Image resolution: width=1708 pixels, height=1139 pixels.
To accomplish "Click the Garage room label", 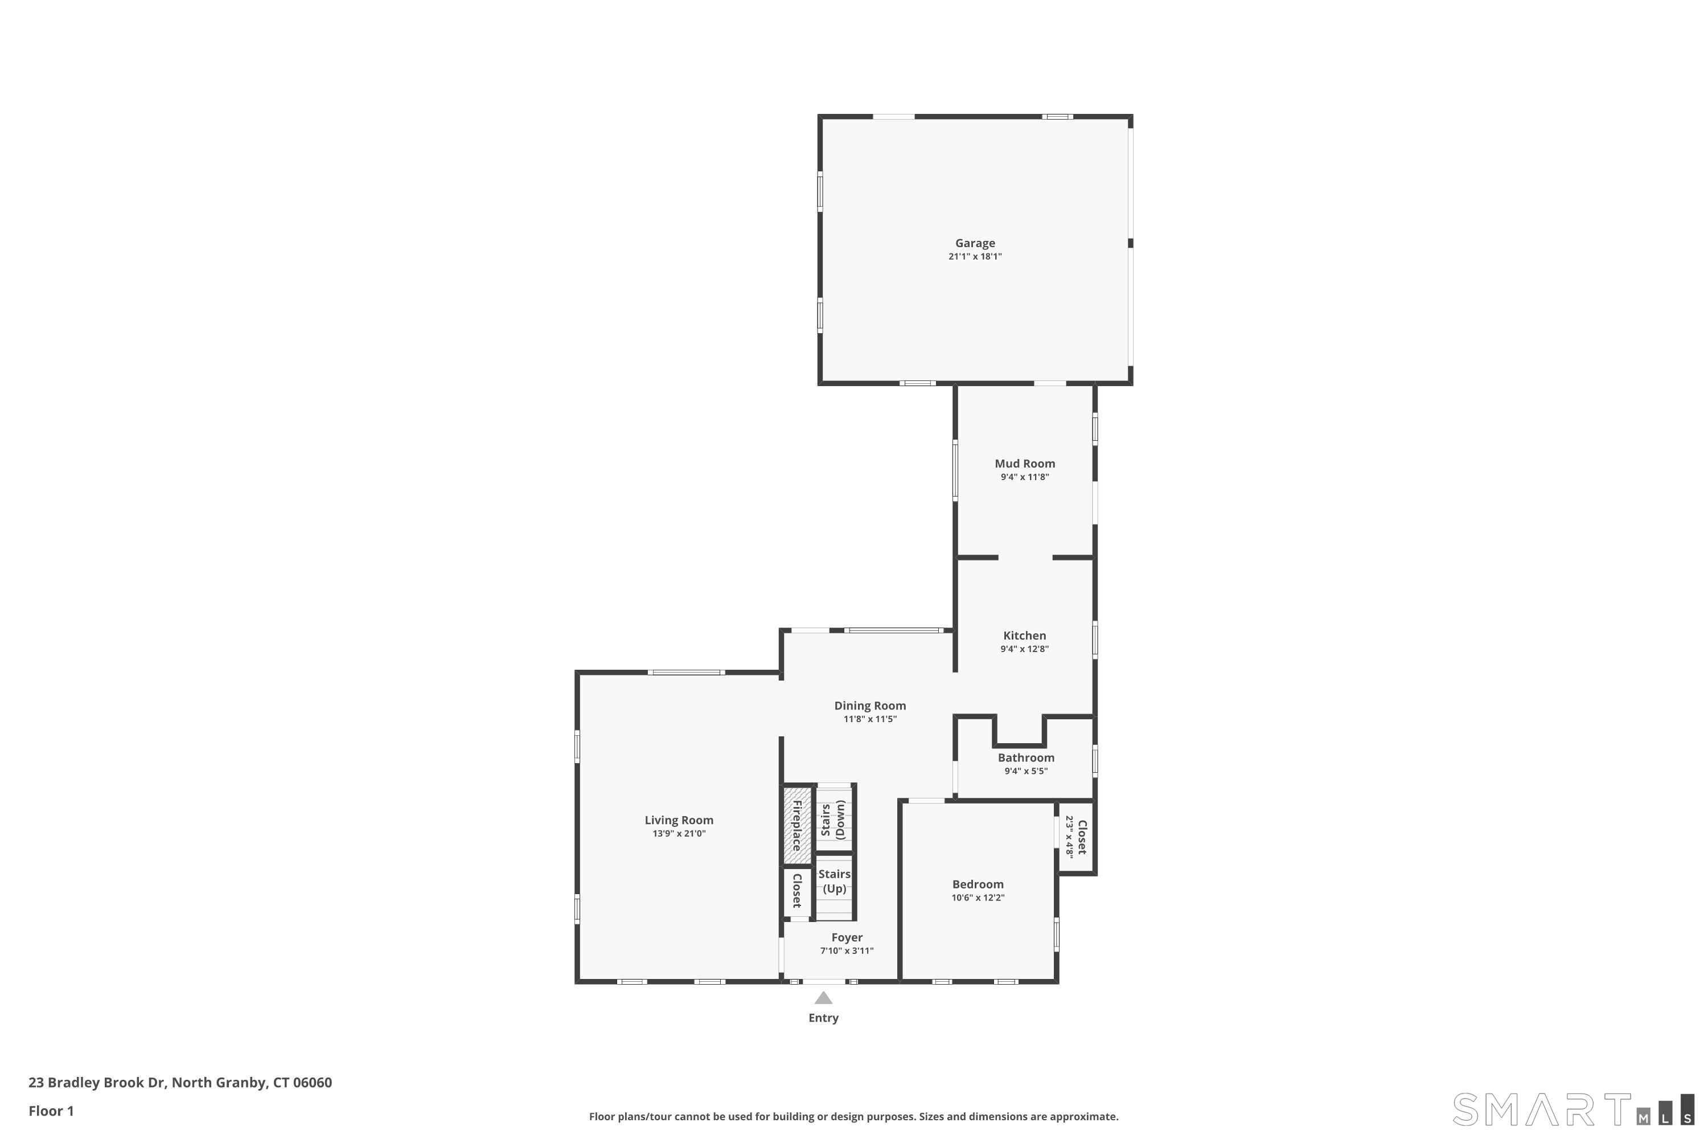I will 975,243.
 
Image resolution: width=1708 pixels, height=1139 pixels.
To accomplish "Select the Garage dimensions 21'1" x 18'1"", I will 975,256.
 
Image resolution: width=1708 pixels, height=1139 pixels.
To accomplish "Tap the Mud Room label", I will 1025,464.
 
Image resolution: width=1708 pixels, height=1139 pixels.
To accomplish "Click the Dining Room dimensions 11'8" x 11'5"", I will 870,719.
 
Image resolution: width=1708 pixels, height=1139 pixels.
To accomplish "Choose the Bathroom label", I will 1025,757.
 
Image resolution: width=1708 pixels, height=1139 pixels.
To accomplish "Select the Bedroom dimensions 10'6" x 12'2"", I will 978,898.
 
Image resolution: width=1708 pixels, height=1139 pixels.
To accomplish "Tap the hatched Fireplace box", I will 796,825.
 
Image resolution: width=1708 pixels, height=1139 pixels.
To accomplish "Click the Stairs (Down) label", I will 833,820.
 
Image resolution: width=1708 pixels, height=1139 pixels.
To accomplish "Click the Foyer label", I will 847,938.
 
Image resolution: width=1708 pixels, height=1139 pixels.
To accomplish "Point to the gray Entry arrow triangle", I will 823,999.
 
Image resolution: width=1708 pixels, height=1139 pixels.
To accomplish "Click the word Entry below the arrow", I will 823,1018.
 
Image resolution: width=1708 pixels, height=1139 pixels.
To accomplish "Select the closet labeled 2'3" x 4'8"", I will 1076,837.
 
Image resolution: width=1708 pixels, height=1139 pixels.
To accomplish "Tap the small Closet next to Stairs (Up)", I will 796,891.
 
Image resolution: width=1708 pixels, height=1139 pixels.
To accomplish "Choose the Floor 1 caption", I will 51,1111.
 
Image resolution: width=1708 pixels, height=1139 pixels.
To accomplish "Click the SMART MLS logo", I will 1572,1110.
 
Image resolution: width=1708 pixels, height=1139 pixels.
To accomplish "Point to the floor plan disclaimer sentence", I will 853,1116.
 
